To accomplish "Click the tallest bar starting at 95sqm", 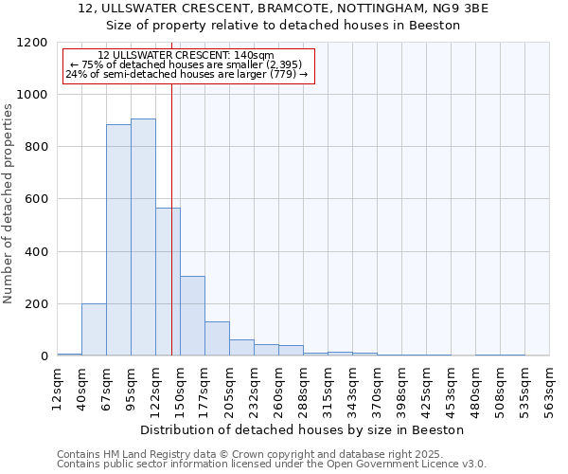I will (x=143, y=237).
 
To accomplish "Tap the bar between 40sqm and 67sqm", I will (x=94, y=330).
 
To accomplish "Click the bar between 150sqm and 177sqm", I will (x=192, y=316).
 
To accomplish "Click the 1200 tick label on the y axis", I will (x=32, y=43).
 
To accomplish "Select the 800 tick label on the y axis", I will (x=36, y=147).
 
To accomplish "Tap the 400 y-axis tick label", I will (x=36, y=252).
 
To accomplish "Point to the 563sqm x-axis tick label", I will (x=550, y=389).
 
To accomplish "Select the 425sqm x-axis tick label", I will (x=427, y=389).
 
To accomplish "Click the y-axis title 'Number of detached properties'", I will (x=9, y=203).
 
